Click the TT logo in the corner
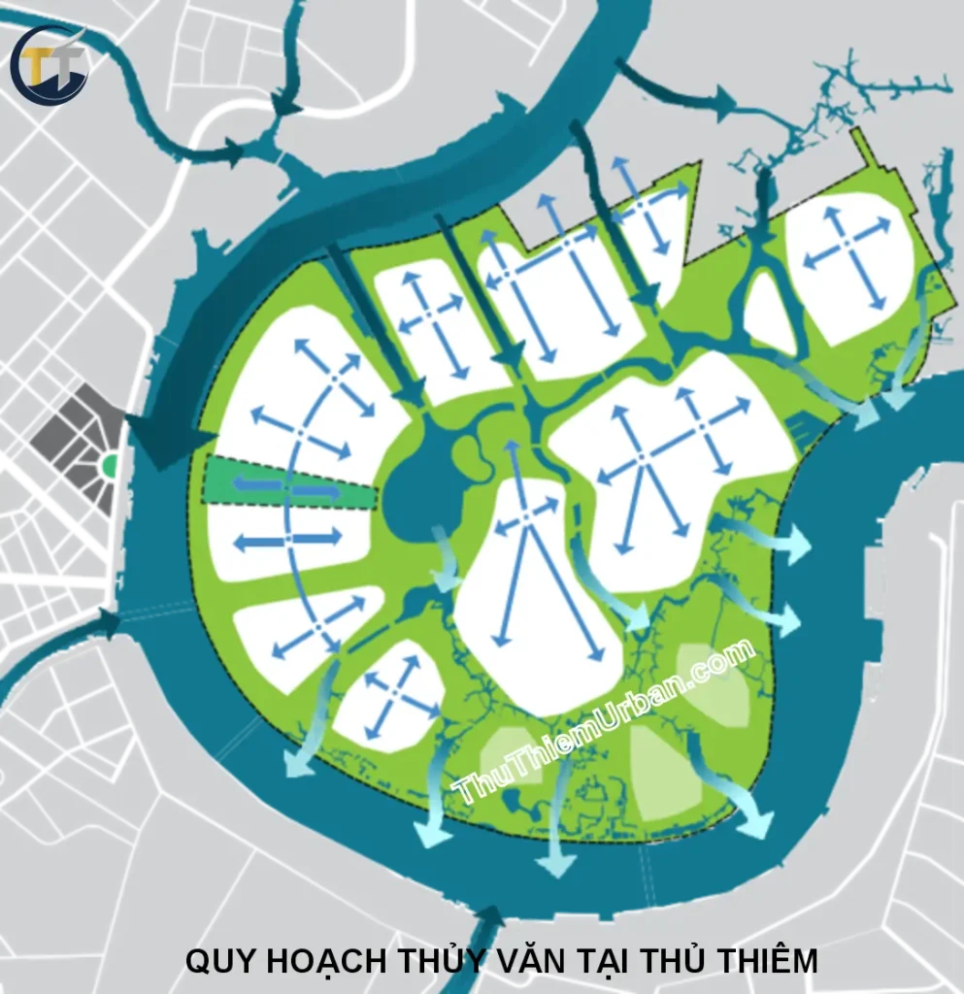[x=48, y=66]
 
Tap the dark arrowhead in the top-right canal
[x=723, y=97]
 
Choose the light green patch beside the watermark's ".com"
[x=714, y=684]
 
